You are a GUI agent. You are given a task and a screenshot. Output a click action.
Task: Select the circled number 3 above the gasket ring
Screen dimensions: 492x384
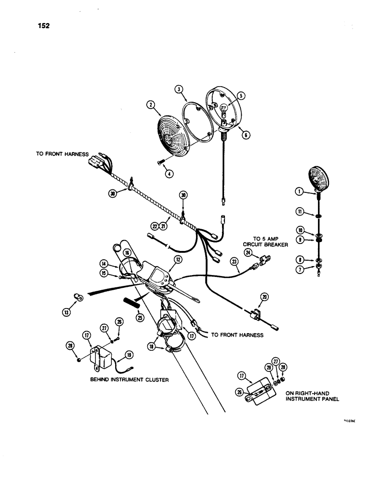(x=179, y=89)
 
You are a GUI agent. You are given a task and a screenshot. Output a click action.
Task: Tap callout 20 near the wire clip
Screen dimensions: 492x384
(x=266, y=297)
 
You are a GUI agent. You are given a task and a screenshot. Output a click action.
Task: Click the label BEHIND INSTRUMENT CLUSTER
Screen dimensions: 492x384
(x=126, y=380)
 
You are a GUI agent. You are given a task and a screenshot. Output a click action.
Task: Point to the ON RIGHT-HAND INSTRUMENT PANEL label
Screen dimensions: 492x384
(x=304, y=396)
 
